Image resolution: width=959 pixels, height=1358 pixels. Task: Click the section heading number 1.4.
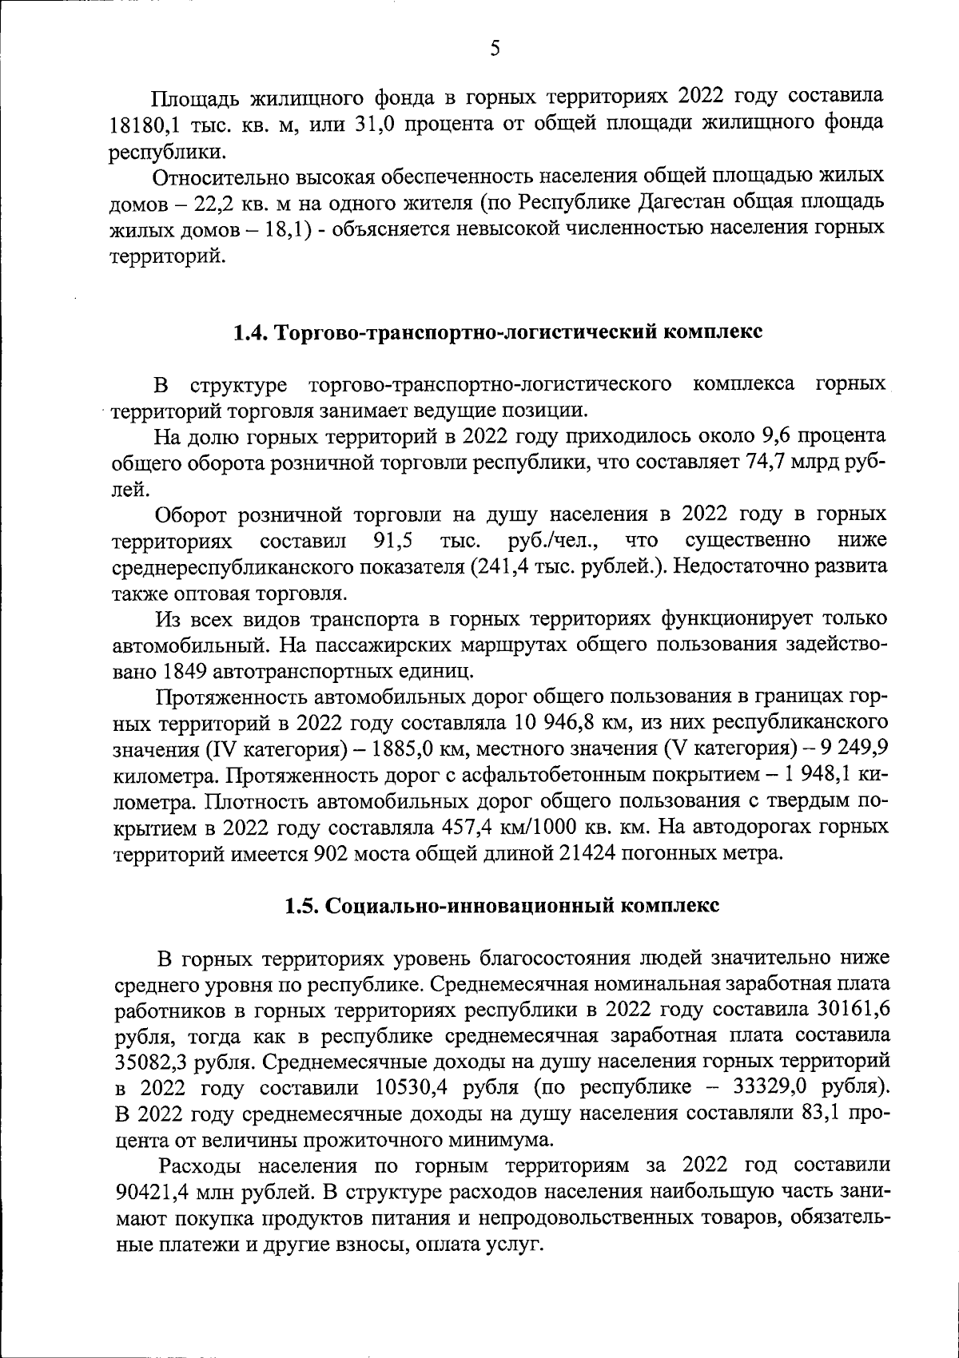[x=252, y=332]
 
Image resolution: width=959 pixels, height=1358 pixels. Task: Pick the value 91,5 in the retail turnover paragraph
[x=392, y=542]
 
